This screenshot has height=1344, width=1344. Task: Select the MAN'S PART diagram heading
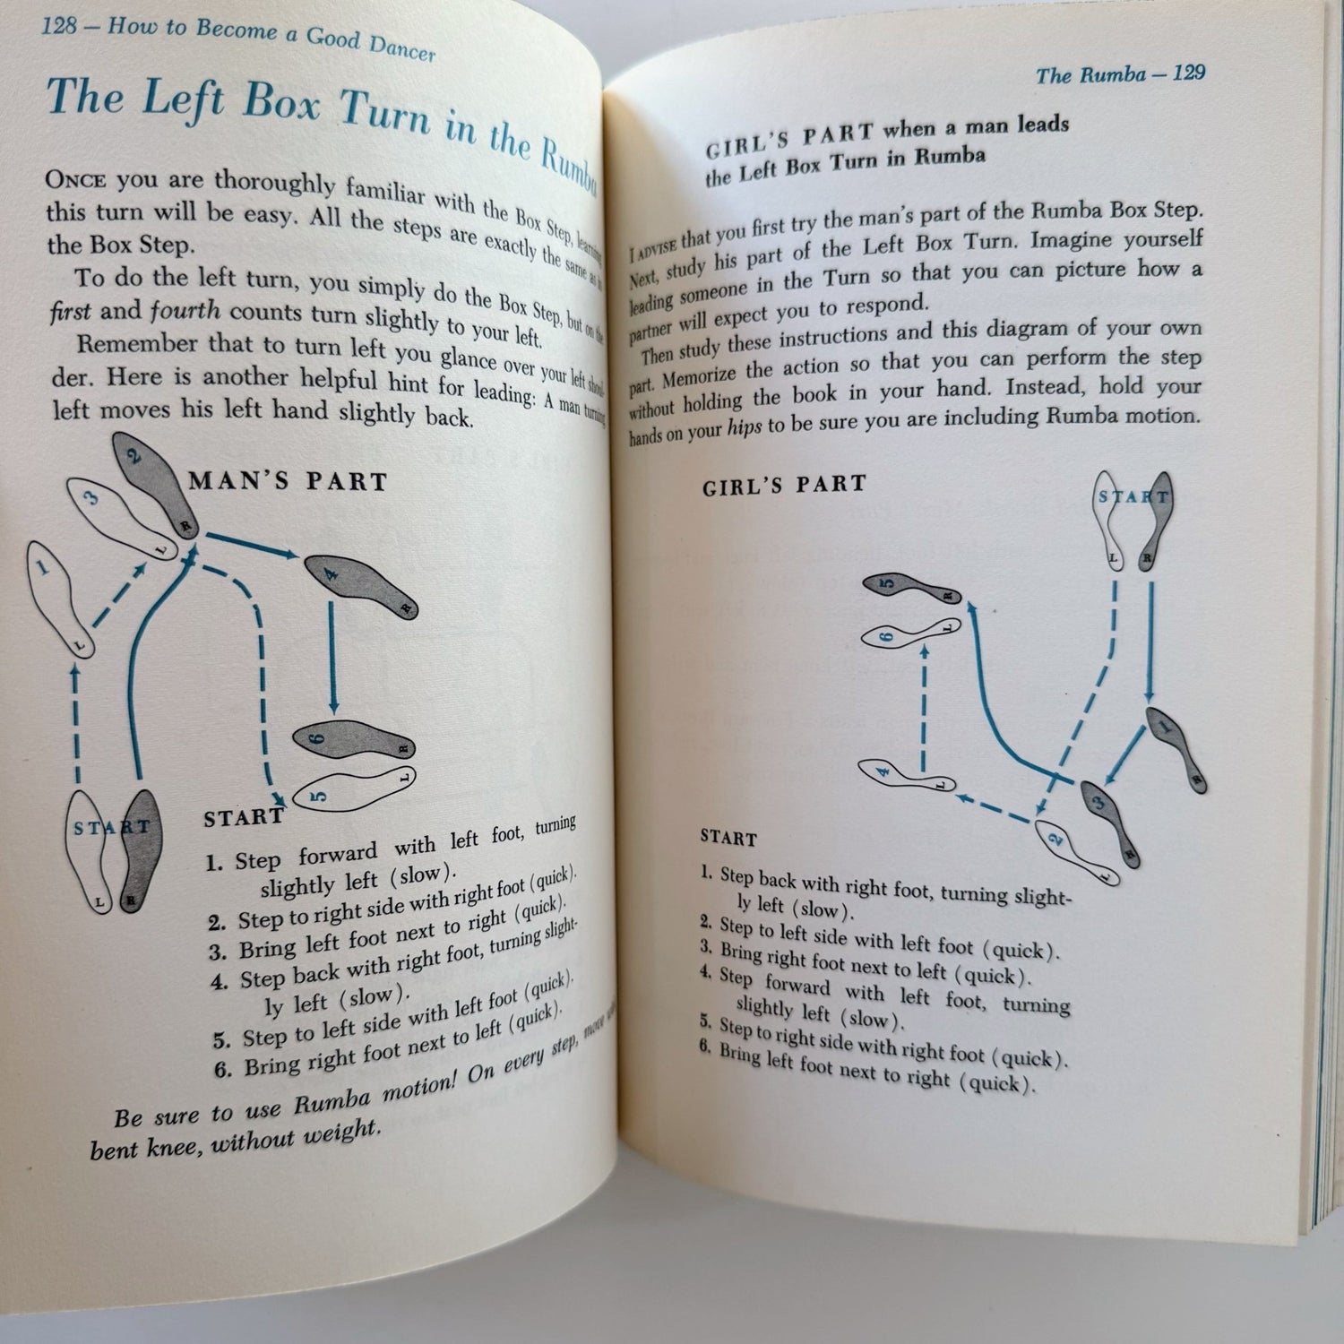click(288, 481)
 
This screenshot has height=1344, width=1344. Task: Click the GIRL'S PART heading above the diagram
click(785, 486)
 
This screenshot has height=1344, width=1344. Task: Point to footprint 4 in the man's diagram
click(362, 584)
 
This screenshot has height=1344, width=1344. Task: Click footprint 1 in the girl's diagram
click(1174, 748)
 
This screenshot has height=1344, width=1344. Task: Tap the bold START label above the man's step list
click(243, 817)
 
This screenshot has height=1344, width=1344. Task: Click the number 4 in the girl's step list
click(707, 972)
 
